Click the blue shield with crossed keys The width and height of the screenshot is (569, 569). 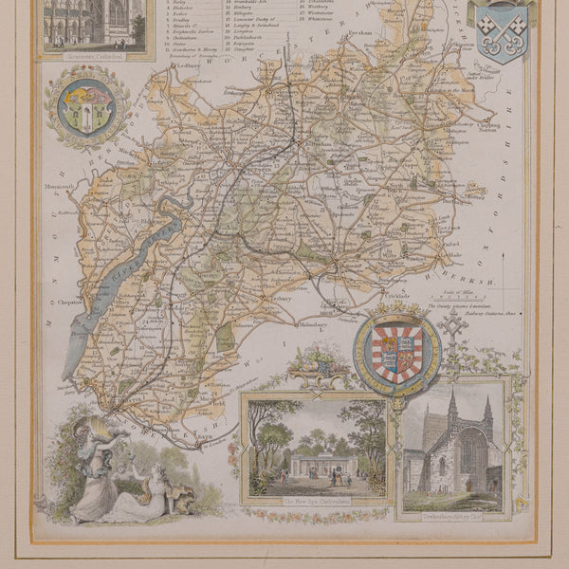point(502,29)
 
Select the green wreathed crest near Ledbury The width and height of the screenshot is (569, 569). point(87,107)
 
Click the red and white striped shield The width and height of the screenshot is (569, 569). point(397,353)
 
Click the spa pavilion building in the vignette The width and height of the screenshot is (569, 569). point(316,465)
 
